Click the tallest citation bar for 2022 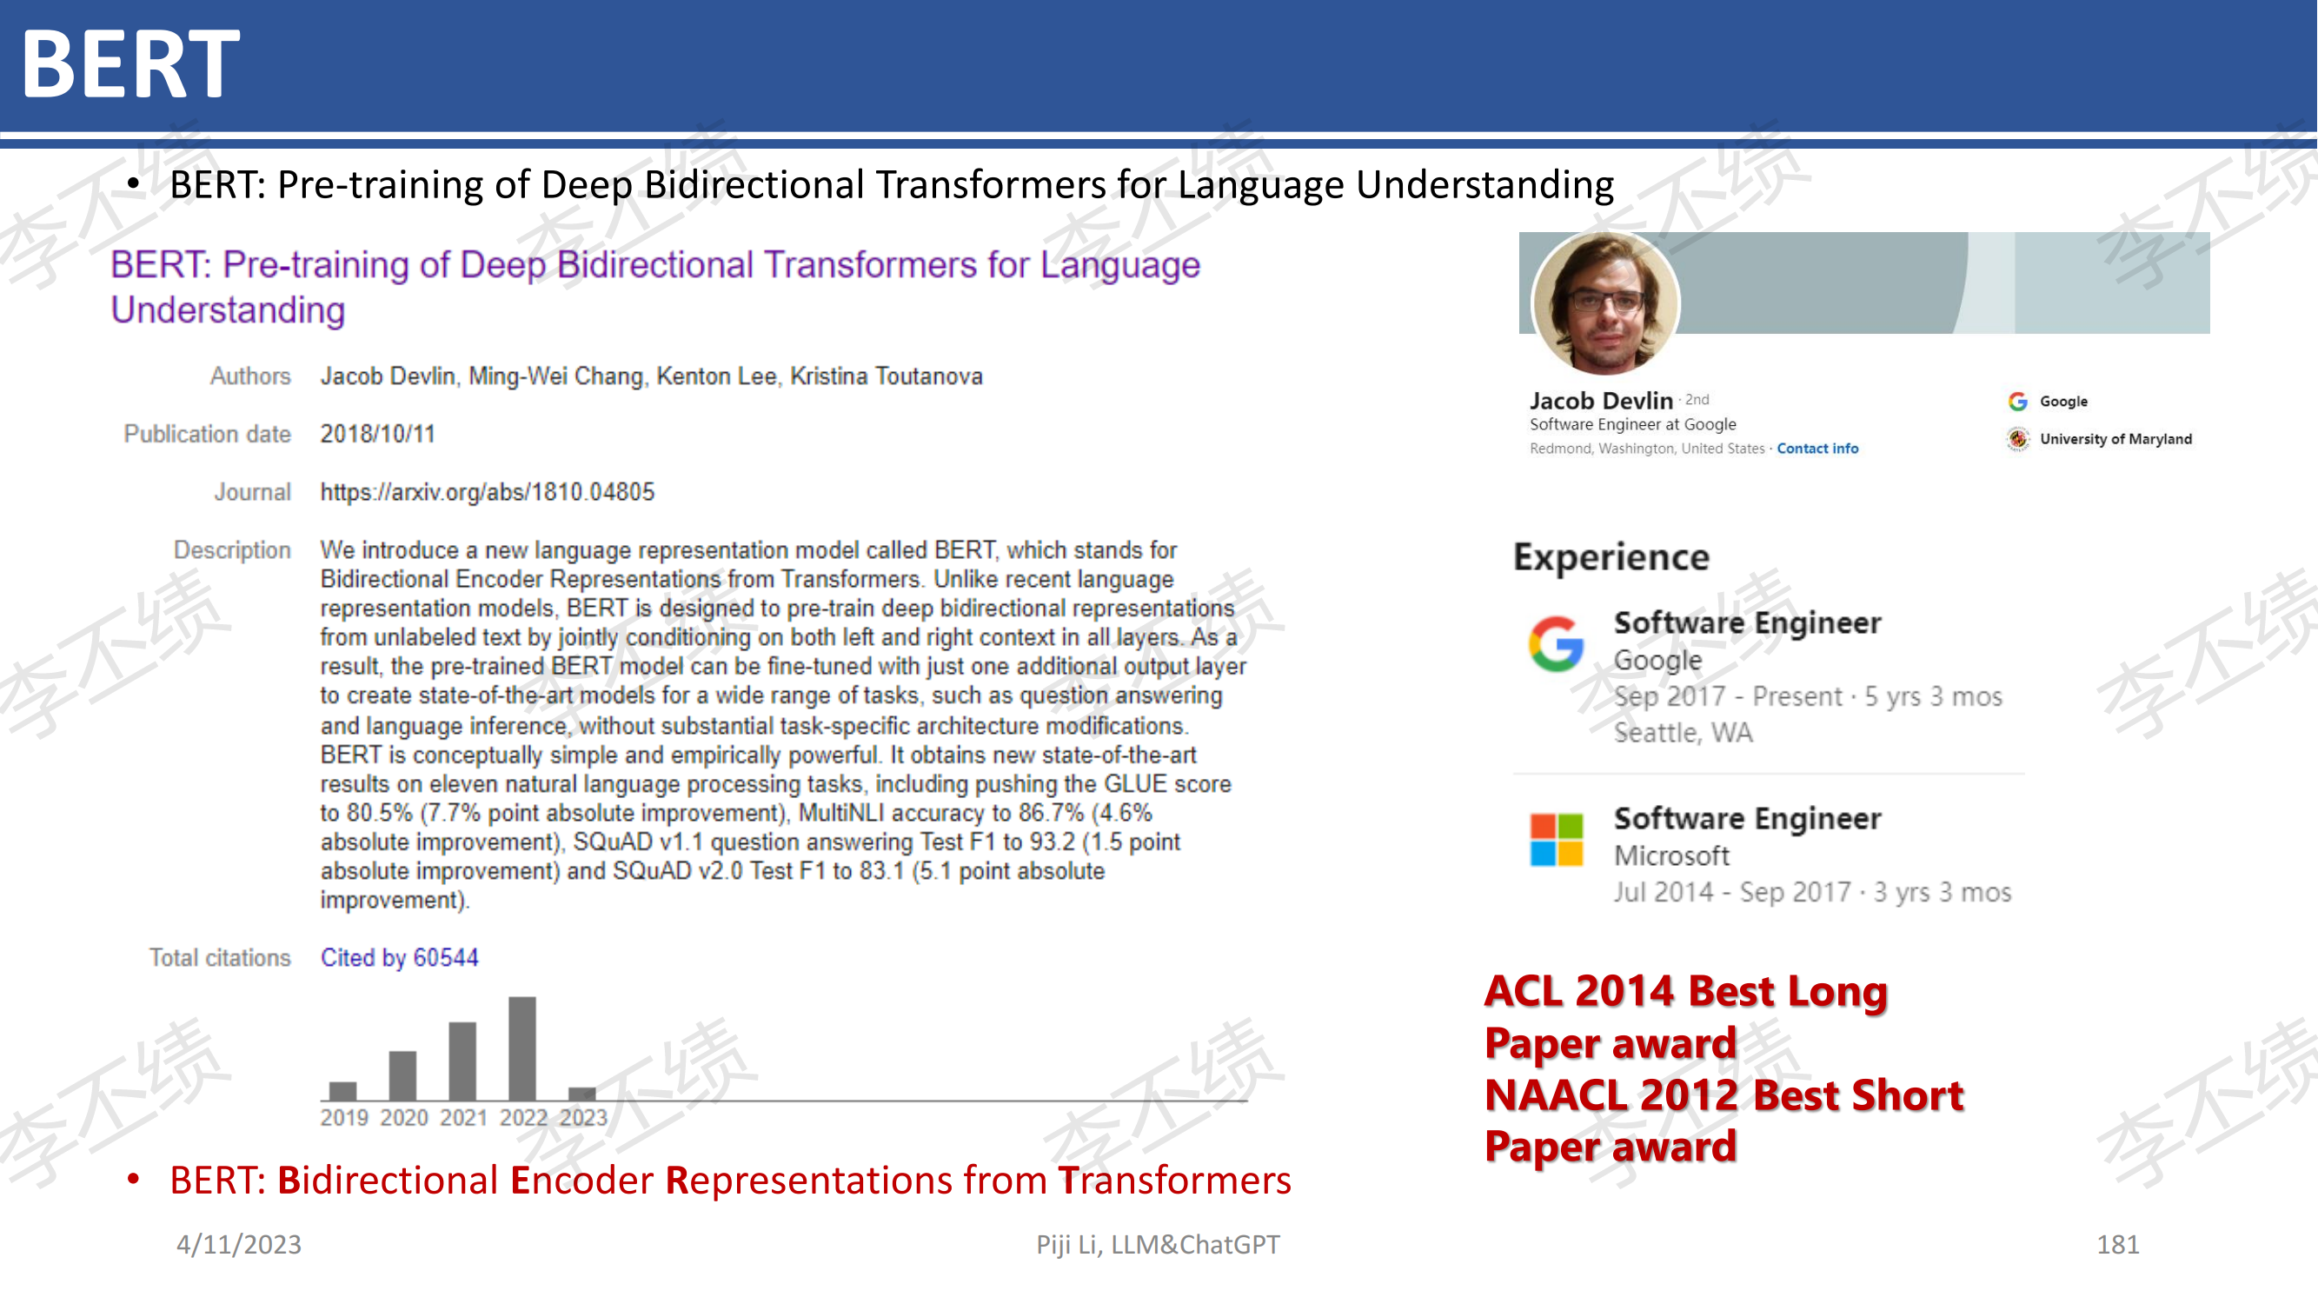(x=521, y=1048)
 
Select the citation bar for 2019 (x=342, y=1090)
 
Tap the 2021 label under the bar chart (x=463, y=1117)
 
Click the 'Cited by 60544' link (x=400, y=956)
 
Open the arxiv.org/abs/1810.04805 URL (x=488, y=491)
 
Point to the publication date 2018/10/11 (x=378, y=434)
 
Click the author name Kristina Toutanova (x=887, y=376)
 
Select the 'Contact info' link (x=1817, y=449)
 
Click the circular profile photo (x=1606, y=303)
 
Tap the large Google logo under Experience (x=1556, y=643)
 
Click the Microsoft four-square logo (x=1556, y=839)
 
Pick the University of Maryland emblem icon (x=2018, y=438)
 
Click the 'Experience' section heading (x=1611, y=558)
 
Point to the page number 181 (x=2117, y=1244)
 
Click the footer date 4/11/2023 (x=238, y=1244)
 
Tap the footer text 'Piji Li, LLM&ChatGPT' (x=1157, y=1244)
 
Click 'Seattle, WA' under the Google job (x=1683, y=733)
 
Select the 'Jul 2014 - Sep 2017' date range (x=1733, y=892)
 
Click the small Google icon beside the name (x=2017, y=402)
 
